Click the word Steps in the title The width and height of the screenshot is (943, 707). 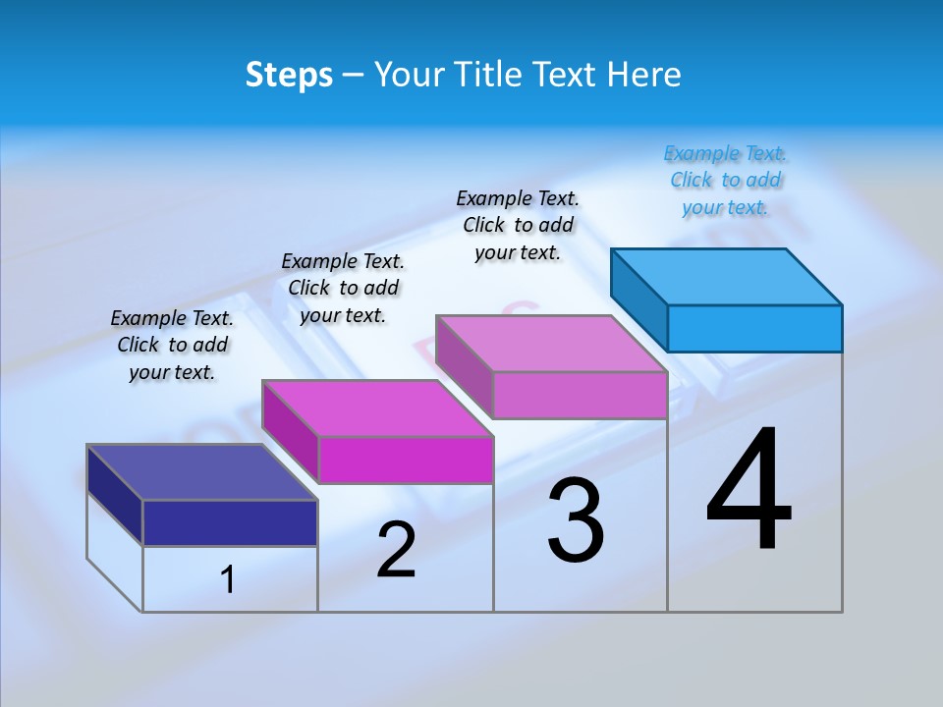(289, 75)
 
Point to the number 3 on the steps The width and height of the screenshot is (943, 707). (576, 520)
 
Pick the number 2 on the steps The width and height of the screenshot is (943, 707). (396, 550)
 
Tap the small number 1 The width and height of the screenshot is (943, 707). (228, 580)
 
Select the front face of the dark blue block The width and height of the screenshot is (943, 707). (230, 522)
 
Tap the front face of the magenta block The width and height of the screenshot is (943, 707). (406, 460)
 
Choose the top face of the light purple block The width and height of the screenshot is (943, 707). (551, 344)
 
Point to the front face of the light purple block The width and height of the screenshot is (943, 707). (580, 395)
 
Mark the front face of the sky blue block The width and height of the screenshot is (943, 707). (754, 328)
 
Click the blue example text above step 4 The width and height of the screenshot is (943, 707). (725, 181)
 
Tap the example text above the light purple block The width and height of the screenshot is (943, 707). (518, 225)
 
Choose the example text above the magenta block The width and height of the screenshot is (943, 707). (343, 288)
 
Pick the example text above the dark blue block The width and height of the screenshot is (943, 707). (172, 345)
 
